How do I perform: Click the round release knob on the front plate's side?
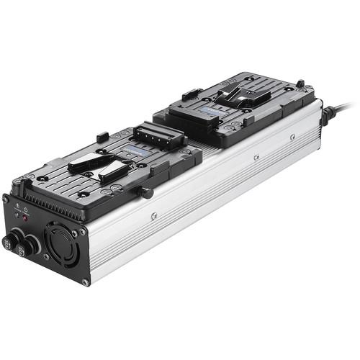(x=148, y=192)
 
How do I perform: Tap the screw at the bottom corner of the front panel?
(x=85, y=282)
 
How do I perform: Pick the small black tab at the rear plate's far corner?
(x=300, y=84)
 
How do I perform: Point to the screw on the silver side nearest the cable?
(x=292, y=135)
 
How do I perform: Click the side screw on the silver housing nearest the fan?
(x=153, y=215)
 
